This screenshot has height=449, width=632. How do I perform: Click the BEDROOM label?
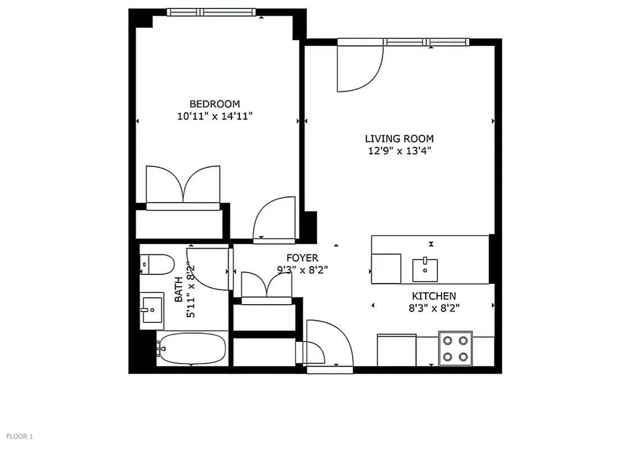pyautogui.click(x=215, y=104)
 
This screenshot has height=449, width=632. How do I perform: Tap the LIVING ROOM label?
pyautogui.click(x=399, y=139)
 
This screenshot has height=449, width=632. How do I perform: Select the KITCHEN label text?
pyautogui.click(x=434, y=296)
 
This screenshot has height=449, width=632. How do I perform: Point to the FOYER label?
pyautogui.click(x=302, y=258)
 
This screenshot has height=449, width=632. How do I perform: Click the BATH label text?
pyautogui.click(x=179, y=290)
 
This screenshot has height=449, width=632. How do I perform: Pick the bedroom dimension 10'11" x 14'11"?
pyautogui.click(x=215, y=117)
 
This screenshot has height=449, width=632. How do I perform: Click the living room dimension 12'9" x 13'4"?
pyautogui.click(x=399, y=150)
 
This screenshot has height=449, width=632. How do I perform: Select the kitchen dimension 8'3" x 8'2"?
pyautogui.click(x=434, y=308)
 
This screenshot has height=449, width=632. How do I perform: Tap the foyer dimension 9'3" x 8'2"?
pyautogui.click(x=302, y=269)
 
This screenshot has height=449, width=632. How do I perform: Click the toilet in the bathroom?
pyautogui.click(x=157, y=264)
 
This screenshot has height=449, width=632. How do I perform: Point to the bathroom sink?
pyautogui.click(x=152, y=309)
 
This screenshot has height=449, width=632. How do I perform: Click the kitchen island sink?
pyautogui.click(x=425, y=269)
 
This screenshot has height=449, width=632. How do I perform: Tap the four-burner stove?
pyautogui.click(x=455, y=349)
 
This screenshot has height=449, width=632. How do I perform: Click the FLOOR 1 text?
pyautogui.click(x=20, y=436)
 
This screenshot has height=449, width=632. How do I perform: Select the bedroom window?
pyautogui.click(x=211, y=12)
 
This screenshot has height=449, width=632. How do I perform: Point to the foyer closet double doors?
pyautogui.click(x=266, y=286)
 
